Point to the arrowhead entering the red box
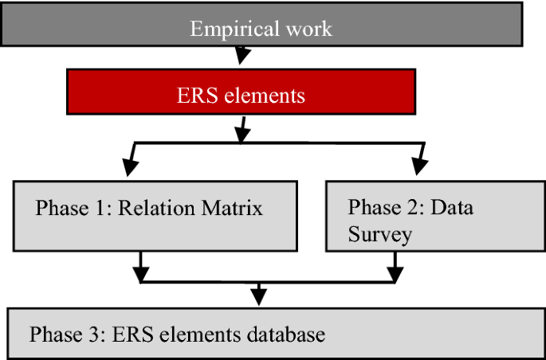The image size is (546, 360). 242,59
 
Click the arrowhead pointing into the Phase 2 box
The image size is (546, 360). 418,167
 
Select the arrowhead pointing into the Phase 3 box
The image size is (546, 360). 257,297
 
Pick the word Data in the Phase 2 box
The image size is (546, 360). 454,208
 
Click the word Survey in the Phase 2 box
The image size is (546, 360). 379,235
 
